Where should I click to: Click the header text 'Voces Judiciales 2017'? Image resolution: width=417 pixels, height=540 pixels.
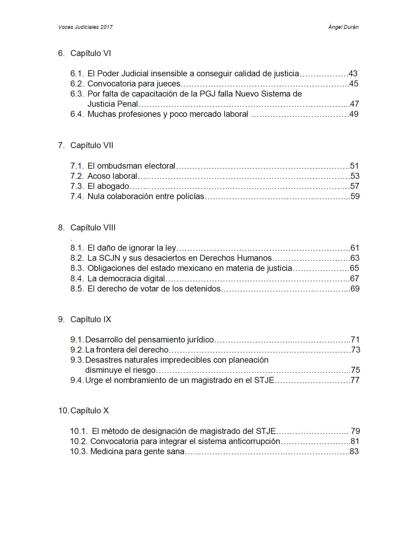pyautogui.click(x=85, y=27)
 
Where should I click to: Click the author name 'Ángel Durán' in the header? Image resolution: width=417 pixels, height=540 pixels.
pyautogui.click(x=343, y=27)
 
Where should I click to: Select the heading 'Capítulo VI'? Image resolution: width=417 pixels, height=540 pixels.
pyautogui.click(x=90, y=53)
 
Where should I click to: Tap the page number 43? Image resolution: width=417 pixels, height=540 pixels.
pyautogui.click(x=353, y=74)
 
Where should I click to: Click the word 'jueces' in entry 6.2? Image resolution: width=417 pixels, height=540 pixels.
pyautogui.click(x=169, y=84)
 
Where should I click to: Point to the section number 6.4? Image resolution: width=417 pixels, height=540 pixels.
pyautogui.click(x=77, y=114)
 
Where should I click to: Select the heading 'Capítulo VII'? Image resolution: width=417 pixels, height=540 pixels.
pyautogui.click(x=92, y=145)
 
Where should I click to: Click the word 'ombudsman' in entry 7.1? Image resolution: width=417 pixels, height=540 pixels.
pyautogui.click(x=120, y=166)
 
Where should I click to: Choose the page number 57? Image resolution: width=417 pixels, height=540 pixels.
pyautogui.click(x=355, y=186)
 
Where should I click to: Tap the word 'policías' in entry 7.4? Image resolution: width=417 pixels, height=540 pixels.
pyautogui.click(x=190, y=196)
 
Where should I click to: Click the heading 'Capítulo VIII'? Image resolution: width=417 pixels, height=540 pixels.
pyautogui.click(x=93, y=228)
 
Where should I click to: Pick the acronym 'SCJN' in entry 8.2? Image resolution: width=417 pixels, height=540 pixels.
pyautogui.click(x=109, y=258)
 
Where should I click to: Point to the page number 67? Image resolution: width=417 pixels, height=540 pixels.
pyautogui.click(x=354, y=279)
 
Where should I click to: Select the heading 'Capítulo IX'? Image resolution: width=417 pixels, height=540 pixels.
pyautogui.click(x=91, y=320)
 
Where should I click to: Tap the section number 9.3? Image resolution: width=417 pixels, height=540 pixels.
pyautogui.click(x=76, y=360)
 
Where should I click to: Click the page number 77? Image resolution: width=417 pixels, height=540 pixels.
pyautogui.click(x=355, y=380)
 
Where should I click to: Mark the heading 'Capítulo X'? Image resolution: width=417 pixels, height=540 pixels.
pyautogui.click(x=89, y=411)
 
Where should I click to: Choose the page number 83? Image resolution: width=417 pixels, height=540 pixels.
pyautogui.click(x=354, y=452)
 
